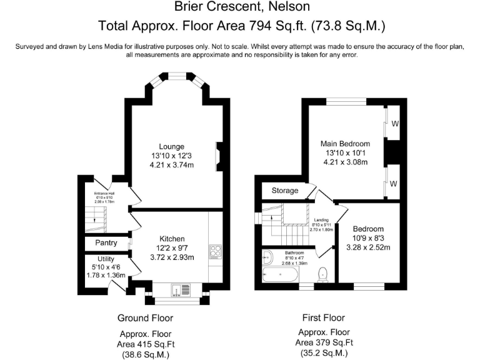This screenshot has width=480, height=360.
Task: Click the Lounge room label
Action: (171, 146)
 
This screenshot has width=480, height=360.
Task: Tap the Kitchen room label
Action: (172, 239)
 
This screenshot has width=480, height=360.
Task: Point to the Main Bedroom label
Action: (345, 144)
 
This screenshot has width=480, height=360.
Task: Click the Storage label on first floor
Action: (284, 191)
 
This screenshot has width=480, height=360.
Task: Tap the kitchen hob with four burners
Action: (216, 251)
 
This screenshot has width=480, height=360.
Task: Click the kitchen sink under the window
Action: (177, 289)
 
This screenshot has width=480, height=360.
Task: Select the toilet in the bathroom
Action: (323, 274)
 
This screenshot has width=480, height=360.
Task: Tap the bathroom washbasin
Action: (267, 256)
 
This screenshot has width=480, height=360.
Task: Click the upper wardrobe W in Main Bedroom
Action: (394, 124)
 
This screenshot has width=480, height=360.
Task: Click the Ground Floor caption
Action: (145, 318)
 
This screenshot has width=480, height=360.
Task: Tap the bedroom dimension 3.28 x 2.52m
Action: (367, 247)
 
